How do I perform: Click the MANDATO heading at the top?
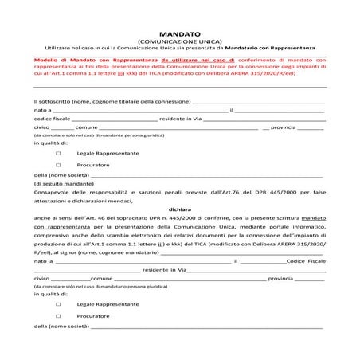[180, 35]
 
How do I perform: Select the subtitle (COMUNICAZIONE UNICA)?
[180, 42]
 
